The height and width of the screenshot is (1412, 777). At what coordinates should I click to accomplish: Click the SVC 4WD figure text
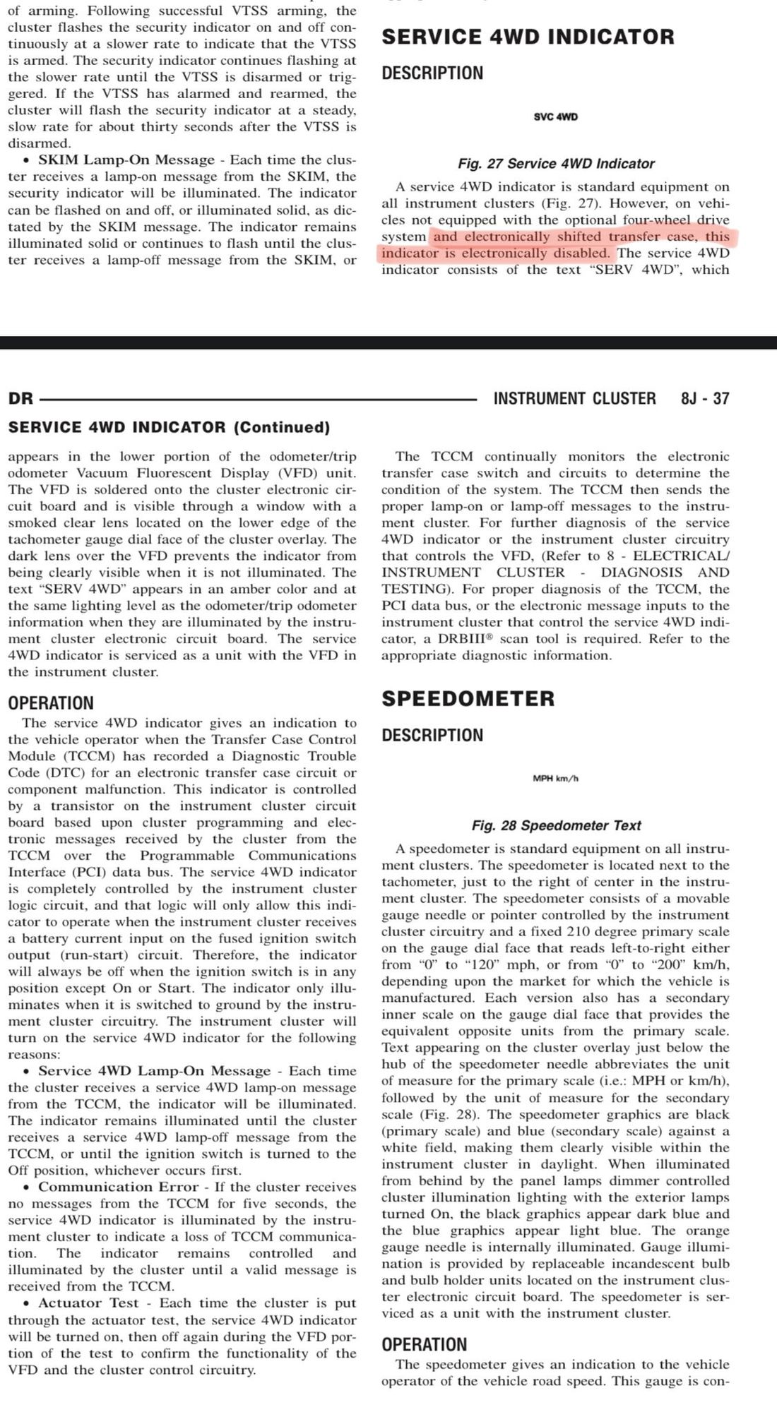[556, 116]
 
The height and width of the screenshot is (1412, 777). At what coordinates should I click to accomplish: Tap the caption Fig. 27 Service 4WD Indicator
[556, 164]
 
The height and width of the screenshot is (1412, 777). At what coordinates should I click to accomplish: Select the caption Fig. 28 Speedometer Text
[556, 825]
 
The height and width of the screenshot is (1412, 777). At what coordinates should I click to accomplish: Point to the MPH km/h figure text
[556, 779]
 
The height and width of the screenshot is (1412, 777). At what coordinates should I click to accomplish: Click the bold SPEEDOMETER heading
[468, 699]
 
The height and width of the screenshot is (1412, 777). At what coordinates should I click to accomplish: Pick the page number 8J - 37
[705, 399]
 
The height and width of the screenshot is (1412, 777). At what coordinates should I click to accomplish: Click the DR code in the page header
[20, 399]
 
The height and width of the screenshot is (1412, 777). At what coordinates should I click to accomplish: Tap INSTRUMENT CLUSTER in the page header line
[574, 399]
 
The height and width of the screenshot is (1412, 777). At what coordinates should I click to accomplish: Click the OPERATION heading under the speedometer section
[424, 1344]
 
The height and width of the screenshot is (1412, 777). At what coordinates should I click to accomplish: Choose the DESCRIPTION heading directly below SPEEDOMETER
[432, 736]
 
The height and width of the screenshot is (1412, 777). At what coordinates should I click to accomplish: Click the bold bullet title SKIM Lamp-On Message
[126, 160]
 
